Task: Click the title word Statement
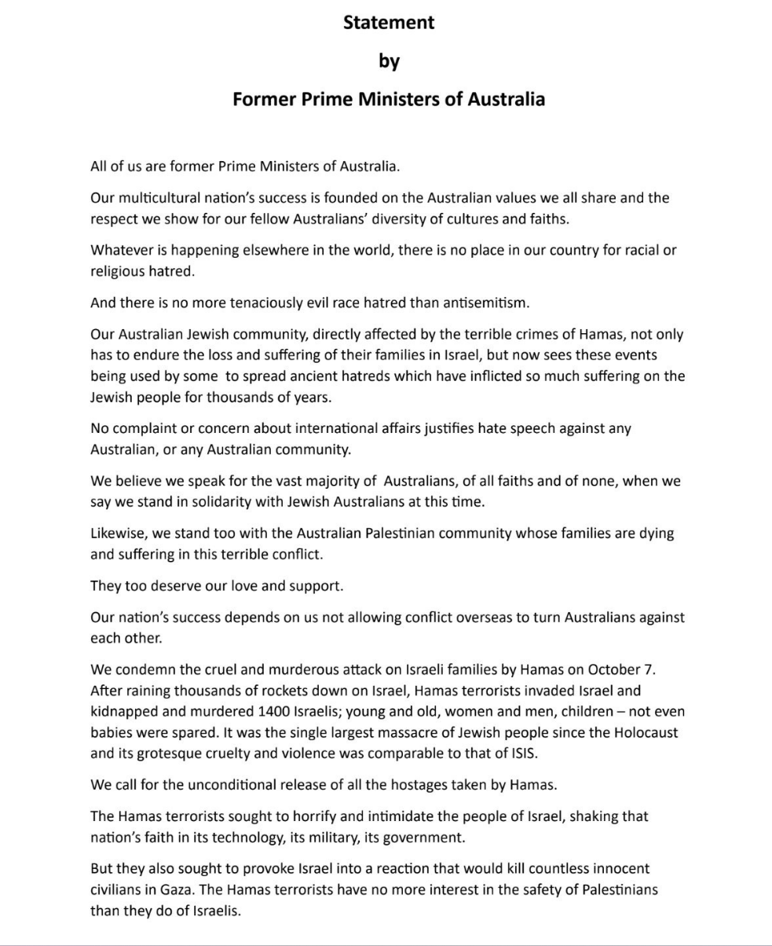389,23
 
